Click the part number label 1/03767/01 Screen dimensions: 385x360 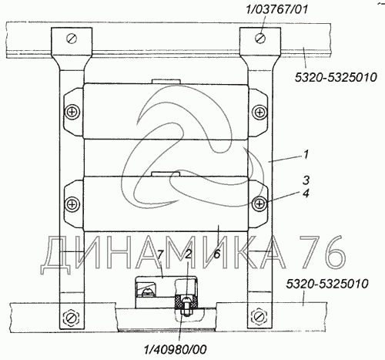click(276, 9)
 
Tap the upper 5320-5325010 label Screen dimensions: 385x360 click(336, 77)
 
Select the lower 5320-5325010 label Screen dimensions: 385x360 click(327, 284)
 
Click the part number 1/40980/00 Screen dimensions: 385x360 click(176, 349)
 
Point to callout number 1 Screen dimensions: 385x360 click(306, 155)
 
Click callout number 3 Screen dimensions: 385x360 click(306, 180)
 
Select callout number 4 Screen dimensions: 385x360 click(306, 193)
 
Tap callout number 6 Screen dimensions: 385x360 click(217, 254)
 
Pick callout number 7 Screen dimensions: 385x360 click(159, 254)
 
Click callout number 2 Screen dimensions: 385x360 click(188, 254)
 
